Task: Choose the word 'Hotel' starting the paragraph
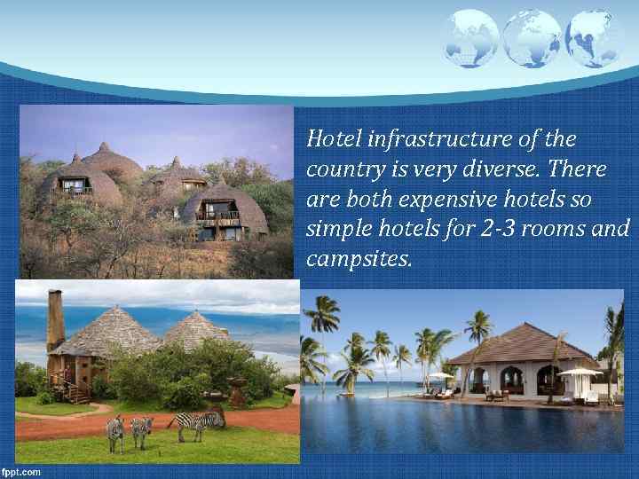[333, 139]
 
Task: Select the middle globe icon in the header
[531, 38]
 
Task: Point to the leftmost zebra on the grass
[115, 432]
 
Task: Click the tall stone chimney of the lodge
[55, 320]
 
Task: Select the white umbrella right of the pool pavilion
[580, 372]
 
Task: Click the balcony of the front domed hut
[217, 215]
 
